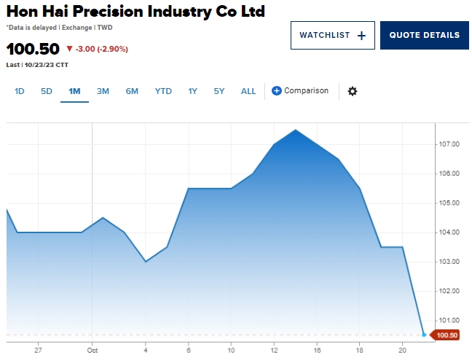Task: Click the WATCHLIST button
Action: tap(333, 35)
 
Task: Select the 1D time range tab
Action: tap(20, 91)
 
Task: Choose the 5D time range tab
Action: tap(47, 91)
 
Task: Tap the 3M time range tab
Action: tap(103, 91)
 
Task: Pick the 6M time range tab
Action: tap(132, 91)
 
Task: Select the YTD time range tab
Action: tap(163, 91)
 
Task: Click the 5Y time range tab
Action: tap(219, 91)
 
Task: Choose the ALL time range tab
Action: tap(248, 91)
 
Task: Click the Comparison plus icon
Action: tap(277, 91)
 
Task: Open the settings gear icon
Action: tap(353, 91)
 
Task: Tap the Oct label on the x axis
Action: tap(92, 350)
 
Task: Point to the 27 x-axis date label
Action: tap(38, 350)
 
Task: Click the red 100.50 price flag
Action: tap(445, 335)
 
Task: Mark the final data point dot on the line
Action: tap(424, 334)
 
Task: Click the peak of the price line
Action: tap(295, 130)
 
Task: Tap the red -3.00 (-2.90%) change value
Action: tap(97, 49)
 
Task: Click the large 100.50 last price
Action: tap(33, 49)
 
